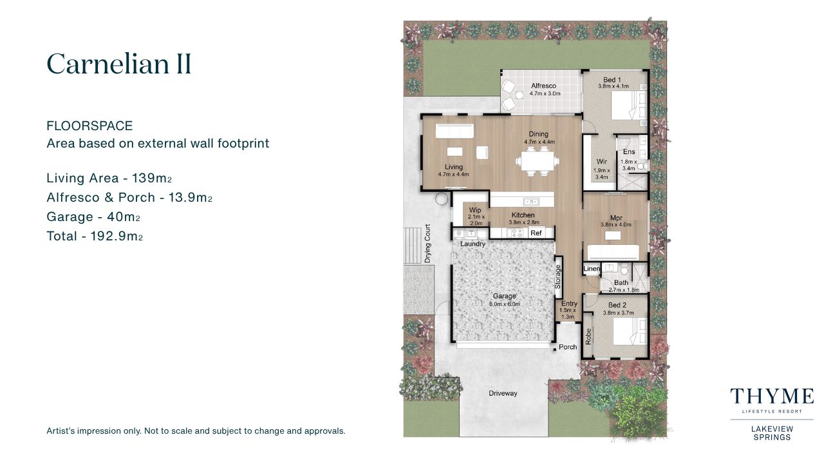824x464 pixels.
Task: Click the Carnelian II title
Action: tap(119, 64)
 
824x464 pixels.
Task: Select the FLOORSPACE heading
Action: tap(89, 126)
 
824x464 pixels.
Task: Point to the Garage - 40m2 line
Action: tap(93, 217)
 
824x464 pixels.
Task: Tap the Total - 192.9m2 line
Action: tap(95, 236)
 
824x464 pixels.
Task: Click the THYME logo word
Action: tap(772, 396)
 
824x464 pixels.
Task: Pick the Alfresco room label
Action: tap(543, 86)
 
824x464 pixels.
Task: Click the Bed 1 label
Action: tap(612, 80)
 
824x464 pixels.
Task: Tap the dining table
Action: tap(538, 161)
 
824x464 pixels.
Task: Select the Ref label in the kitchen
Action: tap(536, 233)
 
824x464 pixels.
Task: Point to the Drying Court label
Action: tap(427, 244)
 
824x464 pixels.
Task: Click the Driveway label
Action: tap(503, 393)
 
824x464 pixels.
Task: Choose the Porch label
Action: tap(568, 347)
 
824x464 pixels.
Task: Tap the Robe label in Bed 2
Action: tap(588, 336)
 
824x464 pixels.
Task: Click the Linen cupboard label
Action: tap(592, 269)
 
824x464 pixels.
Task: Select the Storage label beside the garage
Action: tap(557, 276)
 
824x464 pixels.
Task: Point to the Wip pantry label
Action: tap(475, 210)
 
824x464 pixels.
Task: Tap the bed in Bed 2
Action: tap(630, 331)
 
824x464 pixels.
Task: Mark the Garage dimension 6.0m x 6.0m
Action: tap(504, 304)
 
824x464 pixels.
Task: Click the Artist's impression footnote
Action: tap(196, 431)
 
